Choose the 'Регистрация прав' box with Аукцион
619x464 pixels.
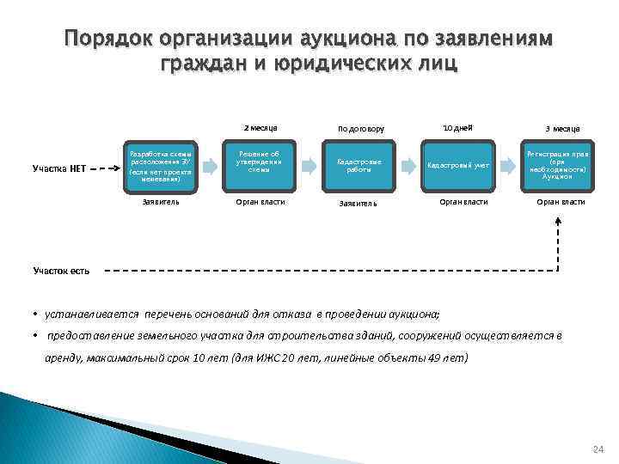coord(560,163)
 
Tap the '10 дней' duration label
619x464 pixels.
coord(457,127)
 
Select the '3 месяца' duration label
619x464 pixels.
coord(562,129)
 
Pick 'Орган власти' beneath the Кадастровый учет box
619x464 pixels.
coord(463,202)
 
